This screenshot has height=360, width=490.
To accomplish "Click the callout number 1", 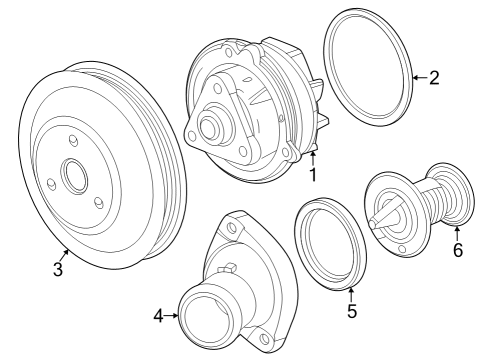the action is pos(313,175).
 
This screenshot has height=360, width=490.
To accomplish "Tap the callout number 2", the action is pos(434,78).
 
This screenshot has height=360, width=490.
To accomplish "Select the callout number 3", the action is pos(58,269).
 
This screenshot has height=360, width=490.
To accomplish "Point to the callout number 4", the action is pos(159,316).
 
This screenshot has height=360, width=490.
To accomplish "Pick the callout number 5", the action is pos(352,311).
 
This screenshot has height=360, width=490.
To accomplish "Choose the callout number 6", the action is pos(458,250).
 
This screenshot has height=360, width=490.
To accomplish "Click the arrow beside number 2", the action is pos(420,78).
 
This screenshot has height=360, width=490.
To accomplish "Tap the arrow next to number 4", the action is pos(171,316).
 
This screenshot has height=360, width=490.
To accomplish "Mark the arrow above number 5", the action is pos(351,294).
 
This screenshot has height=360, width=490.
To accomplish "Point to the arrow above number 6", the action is pos(457,233).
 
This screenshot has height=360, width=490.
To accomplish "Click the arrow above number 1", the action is pos(312,158).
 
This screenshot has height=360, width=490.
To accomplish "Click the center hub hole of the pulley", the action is pos(76,175).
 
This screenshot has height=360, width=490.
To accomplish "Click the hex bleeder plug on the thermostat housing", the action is pos(227,268).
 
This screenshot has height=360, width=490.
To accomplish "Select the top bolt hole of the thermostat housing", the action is pos(231,227).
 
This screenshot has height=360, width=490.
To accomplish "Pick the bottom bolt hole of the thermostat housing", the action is pos(264,338).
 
